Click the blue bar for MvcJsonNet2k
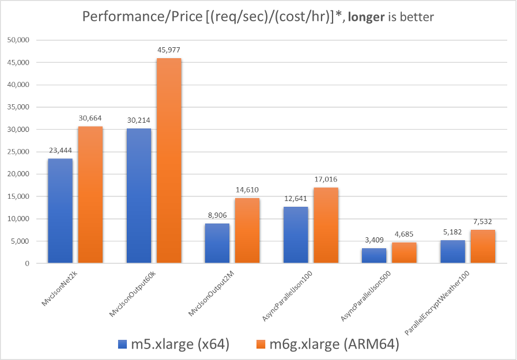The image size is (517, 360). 61,211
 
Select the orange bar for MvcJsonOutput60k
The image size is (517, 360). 169,161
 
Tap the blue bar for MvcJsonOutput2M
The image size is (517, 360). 217,243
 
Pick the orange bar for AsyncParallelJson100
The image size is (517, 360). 326,225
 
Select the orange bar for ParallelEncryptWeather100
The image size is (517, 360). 482,247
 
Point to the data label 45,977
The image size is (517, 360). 169,50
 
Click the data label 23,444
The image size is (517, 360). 61,150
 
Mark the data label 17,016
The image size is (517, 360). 326,180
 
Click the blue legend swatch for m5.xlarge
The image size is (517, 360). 122,344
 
